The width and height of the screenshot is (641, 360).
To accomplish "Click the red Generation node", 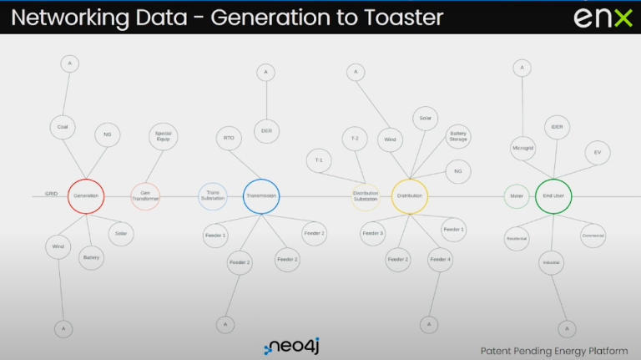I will coord(86,195).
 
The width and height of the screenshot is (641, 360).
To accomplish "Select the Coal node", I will coord(63,127).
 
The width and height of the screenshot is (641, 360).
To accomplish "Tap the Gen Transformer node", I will coord(145,196).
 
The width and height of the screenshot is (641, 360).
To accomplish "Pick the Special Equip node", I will coord(163,136).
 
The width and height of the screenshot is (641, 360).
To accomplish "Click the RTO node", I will coord(230,138).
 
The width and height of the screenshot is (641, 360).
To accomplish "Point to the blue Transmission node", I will coord(260,196).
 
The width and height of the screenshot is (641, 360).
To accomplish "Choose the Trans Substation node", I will coord(213,196).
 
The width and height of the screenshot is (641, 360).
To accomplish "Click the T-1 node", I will coord(319,160).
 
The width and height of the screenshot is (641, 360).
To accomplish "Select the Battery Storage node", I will coord(458,136).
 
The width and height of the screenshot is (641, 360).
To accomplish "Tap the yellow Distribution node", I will coord(410,195).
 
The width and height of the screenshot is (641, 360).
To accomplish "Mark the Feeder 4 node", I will coord(441,260).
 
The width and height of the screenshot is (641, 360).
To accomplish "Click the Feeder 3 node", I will coord(372,233).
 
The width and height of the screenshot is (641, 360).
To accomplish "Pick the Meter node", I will coord(516,196).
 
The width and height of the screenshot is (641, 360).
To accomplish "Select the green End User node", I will coord(553,196).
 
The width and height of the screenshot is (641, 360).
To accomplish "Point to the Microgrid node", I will coord(522,149).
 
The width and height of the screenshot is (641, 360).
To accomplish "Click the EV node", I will coord(598,153).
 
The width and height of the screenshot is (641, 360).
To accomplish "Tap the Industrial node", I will coord(551,263).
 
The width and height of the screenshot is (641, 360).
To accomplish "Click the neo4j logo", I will coord(296,347).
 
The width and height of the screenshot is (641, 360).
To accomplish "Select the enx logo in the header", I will coord(603,18).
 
